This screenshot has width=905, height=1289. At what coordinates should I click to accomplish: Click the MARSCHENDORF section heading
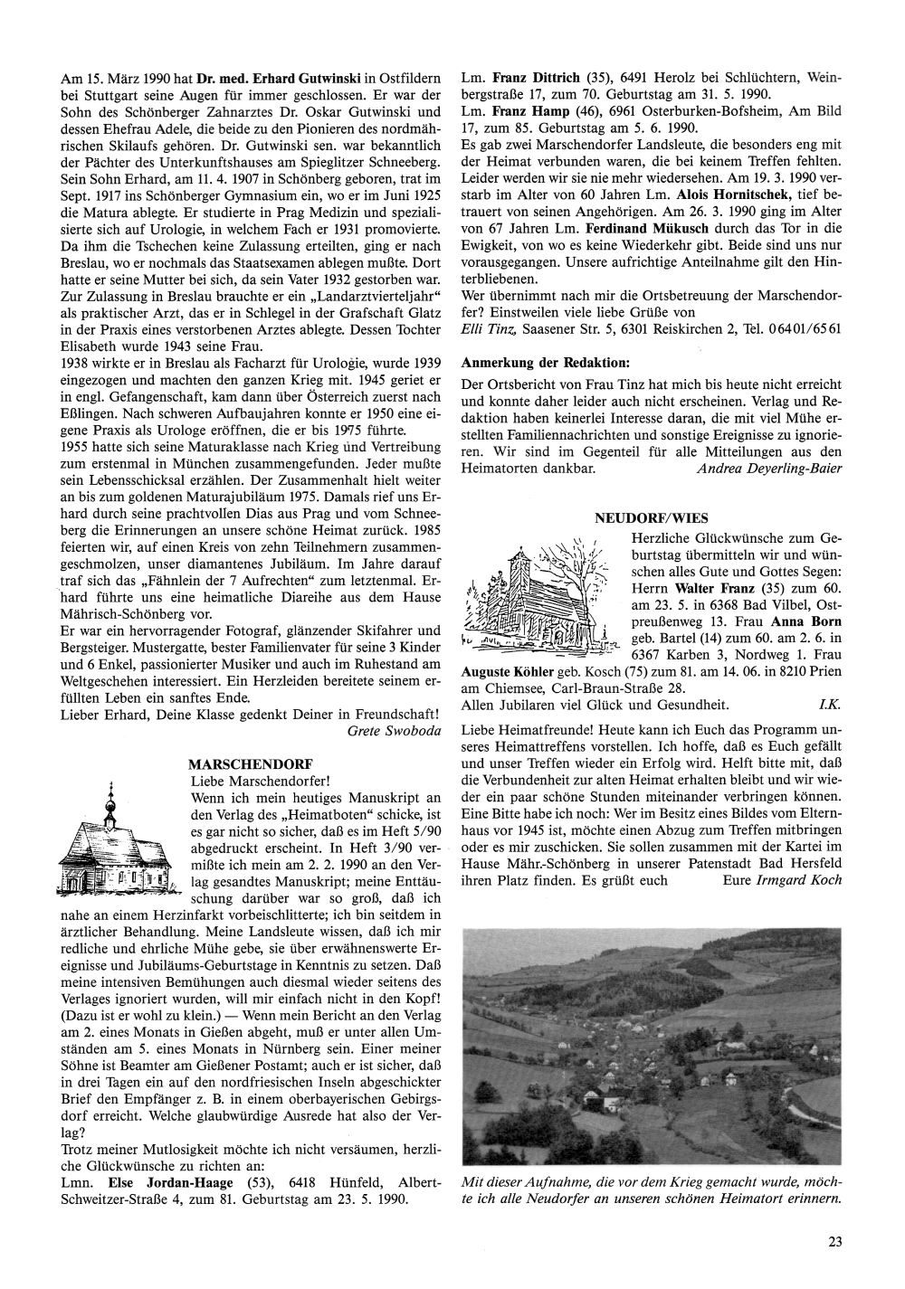tap(240, 763)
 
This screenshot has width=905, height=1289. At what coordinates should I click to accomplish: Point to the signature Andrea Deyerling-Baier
tap(769, 468)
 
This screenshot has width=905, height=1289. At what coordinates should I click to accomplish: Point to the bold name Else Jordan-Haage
tap(170, 1182)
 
